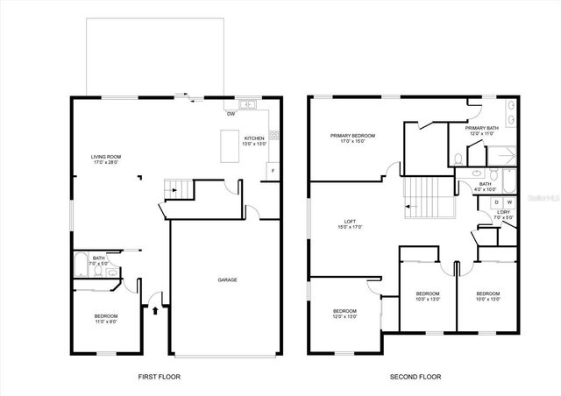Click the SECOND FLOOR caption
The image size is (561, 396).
(x=415, y=377)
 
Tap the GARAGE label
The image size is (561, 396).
(x=228, y=280)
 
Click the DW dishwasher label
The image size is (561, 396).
(x=231, y=114)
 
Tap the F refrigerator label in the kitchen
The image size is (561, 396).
(x=273, y=169)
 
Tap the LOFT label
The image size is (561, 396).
(x=351, y=223)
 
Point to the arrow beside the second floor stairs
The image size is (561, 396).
(x=409, y=208)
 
